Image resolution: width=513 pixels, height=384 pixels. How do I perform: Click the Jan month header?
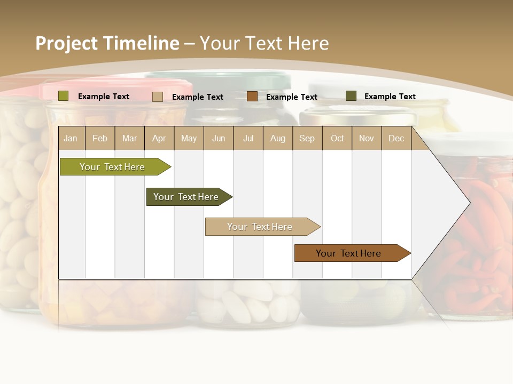coord(71,138)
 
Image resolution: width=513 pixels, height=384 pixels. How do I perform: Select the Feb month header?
coord(100,138)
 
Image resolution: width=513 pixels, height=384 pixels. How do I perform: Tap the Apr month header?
coord(159,138)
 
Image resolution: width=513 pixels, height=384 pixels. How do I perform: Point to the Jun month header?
coord(219,138)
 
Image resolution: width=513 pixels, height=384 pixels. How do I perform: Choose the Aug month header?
coord(277,138)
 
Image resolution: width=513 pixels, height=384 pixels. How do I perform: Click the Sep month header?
coord(307,138)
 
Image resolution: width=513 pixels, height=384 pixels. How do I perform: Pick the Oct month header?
coord(337,138)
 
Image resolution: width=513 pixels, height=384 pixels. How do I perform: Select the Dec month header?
coord(396,138)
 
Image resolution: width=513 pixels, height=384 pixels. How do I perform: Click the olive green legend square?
coord(64,96)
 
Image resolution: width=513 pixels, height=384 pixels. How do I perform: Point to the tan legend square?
coord(158,97)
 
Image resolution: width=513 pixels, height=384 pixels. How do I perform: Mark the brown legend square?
coord(252,97)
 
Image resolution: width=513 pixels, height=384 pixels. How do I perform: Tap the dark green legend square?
coord(351,96)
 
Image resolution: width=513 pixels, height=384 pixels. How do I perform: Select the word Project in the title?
coord(67,43)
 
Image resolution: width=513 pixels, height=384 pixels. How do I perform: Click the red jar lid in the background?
coord(118,88)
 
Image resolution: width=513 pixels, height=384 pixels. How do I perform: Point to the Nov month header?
coord(366,138)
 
